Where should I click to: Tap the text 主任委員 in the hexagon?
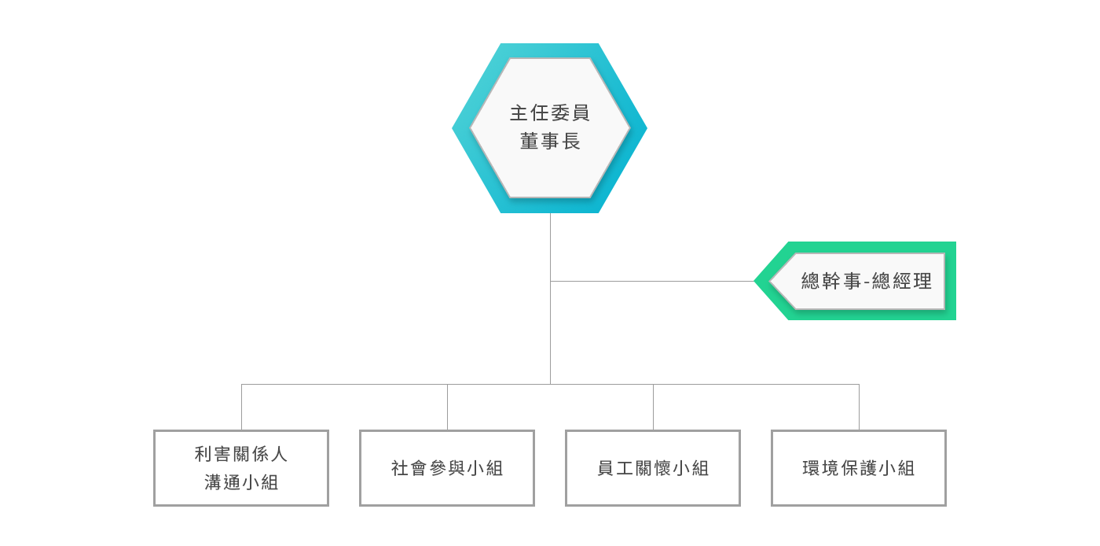click(549, 113)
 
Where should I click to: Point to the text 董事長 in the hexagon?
click(549, 142)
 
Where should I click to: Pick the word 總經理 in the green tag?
click(902, 281)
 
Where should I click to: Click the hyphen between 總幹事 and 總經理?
click(867, 282)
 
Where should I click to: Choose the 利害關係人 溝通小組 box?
click(241, 467)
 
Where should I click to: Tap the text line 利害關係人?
click(241, 454)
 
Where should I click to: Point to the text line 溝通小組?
click(241, 482)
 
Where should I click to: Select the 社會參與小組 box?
click(447, 467)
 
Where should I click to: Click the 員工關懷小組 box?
click(653, 467)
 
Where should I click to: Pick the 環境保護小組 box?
click(859, 467)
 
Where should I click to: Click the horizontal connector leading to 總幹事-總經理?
click(652, 281)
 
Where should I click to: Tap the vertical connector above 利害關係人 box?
click(241, 407)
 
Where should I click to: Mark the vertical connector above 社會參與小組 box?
click(447, 407)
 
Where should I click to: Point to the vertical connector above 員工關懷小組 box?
click(653, 407)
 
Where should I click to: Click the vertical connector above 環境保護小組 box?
click(859, 407)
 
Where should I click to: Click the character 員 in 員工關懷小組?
click(606, 468)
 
